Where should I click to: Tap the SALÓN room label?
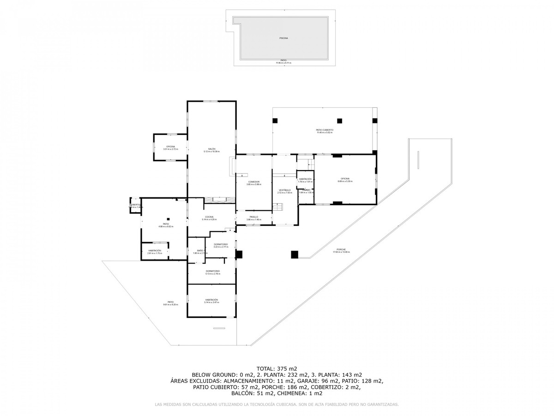(212, 149)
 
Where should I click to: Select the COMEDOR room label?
(253, 182)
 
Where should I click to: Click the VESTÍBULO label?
(284, 190)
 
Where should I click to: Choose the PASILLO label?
(254, 217)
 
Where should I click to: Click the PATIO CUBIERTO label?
(325, 130)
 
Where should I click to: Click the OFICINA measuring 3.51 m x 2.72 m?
(170, 147)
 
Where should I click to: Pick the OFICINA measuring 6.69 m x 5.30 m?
(345, 179)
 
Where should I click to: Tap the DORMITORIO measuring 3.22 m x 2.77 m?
(221, 245)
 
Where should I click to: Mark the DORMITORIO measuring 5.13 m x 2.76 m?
(212, 271)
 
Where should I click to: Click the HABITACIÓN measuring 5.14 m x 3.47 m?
(211, 300)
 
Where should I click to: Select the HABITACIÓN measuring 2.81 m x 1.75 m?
(155, 251)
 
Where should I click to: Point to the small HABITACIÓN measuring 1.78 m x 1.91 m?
(305, 179)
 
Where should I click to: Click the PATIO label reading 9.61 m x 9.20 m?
(170, 302)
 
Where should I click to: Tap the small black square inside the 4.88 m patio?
(169, 219)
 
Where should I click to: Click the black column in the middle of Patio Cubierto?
(339, 121)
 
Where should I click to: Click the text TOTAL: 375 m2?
(277, 368)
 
